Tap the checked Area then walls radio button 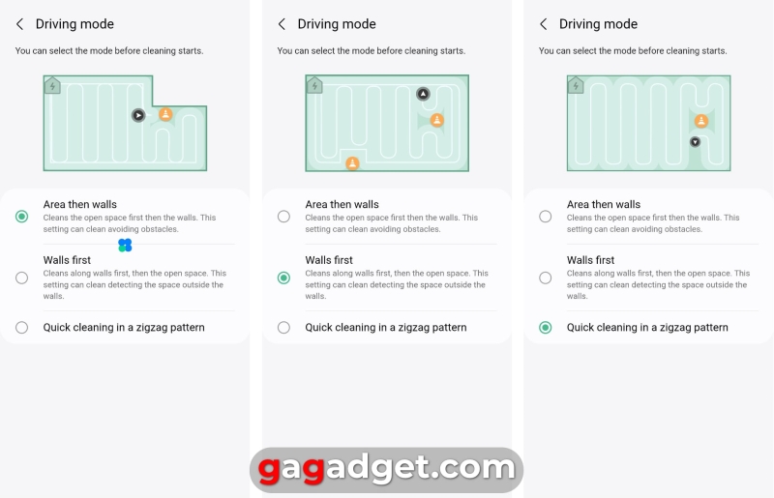(21, 217)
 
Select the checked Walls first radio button (283, 278)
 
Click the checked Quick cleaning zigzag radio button (546, 327)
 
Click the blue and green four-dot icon (125, 245)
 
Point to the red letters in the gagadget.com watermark (291, 468)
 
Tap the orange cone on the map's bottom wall (352, 162)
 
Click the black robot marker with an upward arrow (423, 94)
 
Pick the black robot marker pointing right (138, 115)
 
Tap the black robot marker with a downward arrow (695, 142)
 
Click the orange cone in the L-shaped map (165, 114)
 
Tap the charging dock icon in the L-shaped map (52, 86)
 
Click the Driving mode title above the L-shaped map (74, 23)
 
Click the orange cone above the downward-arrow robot (701, 121)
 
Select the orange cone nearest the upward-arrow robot (437, 120)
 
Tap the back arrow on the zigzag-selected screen (544, 24)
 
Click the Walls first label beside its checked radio (329, 260)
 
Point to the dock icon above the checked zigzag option (576, 86)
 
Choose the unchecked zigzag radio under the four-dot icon (21, 327)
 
